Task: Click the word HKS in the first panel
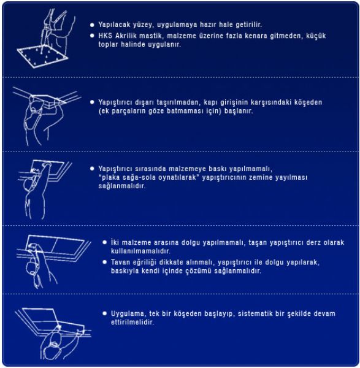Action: pos(105,36)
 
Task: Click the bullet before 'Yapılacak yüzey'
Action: pos(92,25)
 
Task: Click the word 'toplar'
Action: pos(108,45)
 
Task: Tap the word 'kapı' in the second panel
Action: pos(210,102)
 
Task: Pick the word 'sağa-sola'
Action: pos(139,177)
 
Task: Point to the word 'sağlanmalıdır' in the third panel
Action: pos(122,186)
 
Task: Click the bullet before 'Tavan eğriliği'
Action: pos(105,262)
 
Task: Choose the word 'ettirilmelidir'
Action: pos(132,322)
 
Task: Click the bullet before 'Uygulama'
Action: pos(105,313)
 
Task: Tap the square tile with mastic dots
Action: pos(42,57)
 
